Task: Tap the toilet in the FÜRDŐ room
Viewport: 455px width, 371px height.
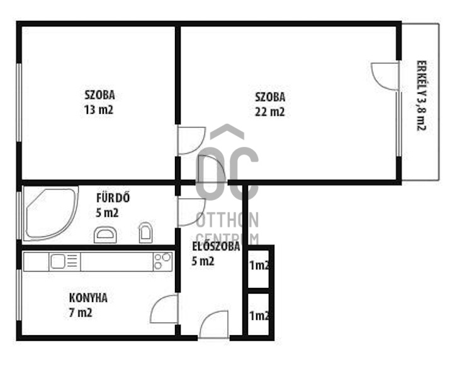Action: click(145, 233)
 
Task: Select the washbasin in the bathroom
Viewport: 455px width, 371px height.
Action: click(105, 235)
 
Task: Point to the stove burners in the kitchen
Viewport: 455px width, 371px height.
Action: click(162, 262)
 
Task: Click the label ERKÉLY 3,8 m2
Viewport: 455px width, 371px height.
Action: click(421, 96)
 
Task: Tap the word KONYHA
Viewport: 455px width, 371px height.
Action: click(88, 298)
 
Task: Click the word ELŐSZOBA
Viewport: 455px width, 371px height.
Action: click(216, 246)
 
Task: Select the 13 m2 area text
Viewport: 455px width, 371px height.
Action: click(99, 110)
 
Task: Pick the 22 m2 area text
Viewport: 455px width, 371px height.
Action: click(270, 111)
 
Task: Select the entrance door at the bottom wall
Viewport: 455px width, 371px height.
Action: click(214, 324)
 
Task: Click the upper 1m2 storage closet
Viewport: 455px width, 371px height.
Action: click(259, 267)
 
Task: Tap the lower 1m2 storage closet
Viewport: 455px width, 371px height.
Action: click(259, 315)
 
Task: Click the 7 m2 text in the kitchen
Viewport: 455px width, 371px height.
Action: click(81, 313)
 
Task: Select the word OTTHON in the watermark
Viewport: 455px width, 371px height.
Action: click(228, 220)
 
